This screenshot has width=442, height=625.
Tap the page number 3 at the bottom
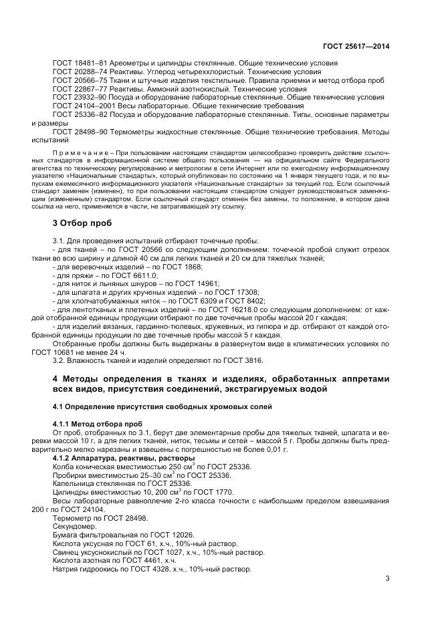pos(386,579)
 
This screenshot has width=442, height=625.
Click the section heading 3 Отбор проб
pos(83,223)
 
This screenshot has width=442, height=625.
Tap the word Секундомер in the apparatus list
pos(75,527)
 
